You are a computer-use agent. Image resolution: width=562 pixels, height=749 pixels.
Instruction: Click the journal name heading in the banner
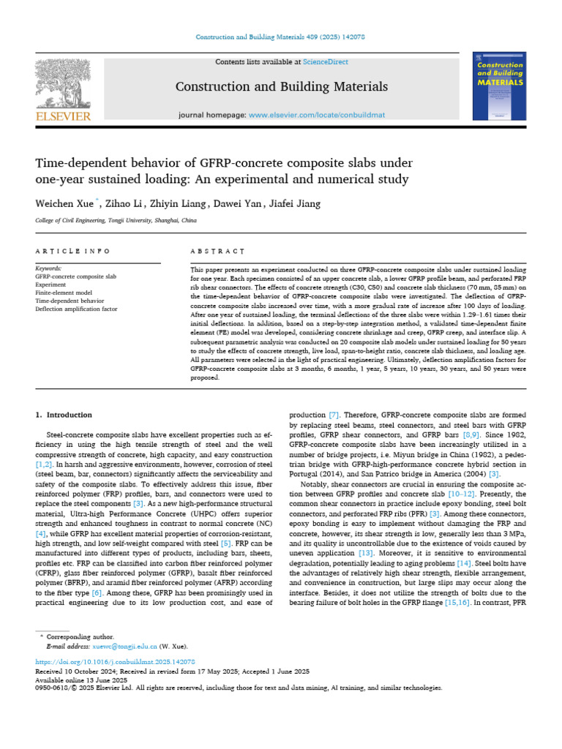point(281,87)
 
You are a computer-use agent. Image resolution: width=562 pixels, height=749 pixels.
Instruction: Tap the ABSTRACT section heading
point(217,251)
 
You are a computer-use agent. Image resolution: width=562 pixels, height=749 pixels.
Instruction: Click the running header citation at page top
point(281,37)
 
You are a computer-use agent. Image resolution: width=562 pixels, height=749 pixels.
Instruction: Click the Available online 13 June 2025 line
point(81,680)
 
